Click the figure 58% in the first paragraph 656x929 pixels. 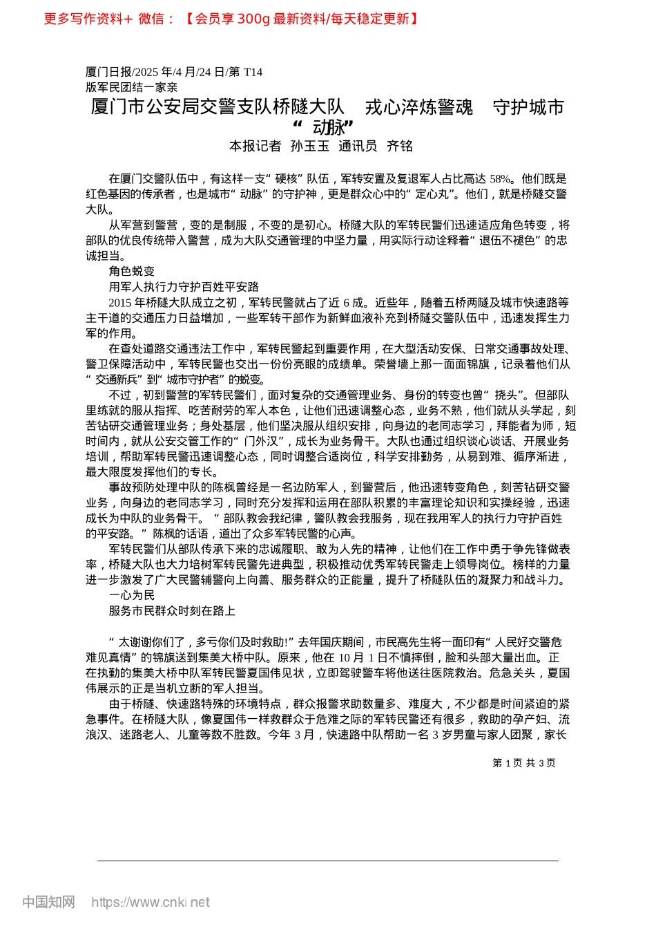point(501,178)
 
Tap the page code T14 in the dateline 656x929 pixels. point(253,72)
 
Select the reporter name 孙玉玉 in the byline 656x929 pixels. point(310,146)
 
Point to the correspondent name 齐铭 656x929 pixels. point(400,146)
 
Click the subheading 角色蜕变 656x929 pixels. point(132,271)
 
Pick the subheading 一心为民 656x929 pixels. point(132,595)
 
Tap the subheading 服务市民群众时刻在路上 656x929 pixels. point(172,611)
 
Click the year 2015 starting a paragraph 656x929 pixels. point(120,302)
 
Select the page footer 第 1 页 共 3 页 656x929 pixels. point(524,763)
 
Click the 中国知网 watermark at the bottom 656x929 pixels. point(48,902)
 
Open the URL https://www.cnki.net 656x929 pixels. point(151,902)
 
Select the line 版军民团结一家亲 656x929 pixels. point(132,87)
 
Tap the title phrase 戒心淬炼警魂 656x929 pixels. point(419,107)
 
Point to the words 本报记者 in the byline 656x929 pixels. point(255,146)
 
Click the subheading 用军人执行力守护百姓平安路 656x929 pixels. point(184,286)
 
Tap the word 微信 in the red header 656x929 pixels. point(151,19)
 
